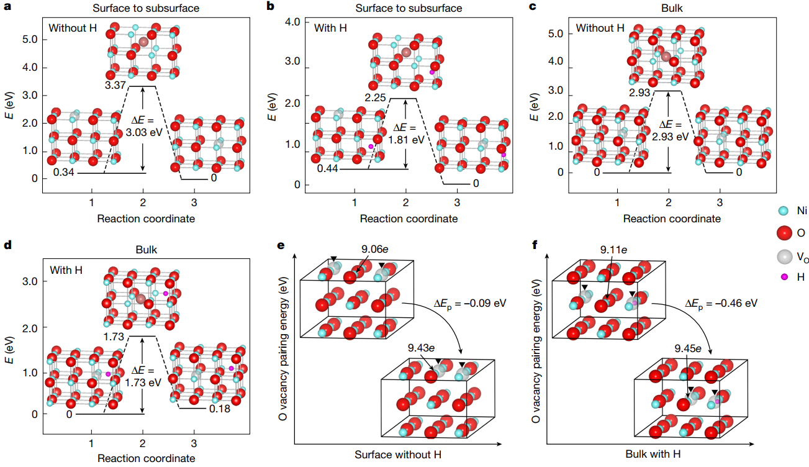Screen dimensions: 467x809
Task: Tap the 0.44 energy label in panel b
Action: coord(328,168)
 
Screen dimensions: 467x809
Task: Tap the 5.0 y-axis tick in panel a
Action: coord(30,39)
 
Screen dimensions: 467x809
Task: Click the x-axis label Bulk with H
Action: coord(662,454)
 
